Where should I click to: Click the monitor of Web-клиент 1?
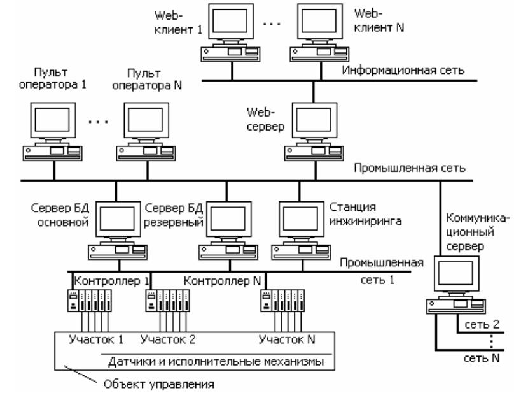(231, 22)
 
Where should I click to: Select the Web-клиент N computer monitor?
(319, 22)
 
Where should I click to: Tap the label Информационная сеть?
(403, 70)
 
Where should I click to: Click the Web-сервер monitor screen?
(314, 120)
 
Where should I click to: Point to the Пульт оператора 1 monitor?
(53, 120)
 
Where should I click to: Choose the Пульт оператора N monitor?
(146, 120)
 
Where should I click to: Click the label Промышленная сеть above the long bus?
(410, 168)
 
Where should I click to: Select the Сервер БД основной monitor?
(118, 219)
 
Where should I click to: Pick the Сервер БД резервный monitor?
(229, 219)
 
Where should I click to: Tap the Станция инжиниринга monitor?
(302, 219)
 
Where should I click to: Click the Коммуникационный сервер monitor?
(457, 274)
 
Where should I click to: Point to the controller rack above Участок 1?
(90, 301)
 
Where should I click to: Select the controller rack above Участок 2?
(168, 301)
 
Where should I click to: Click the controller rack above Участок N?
(282, 301)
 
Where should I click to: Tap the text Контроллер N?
(222, 281)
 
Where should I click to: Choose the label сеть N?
(482, 358)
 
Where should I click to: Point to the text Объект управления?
(158, 384)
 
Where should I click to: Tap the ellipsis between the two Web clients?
(272, 24)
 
